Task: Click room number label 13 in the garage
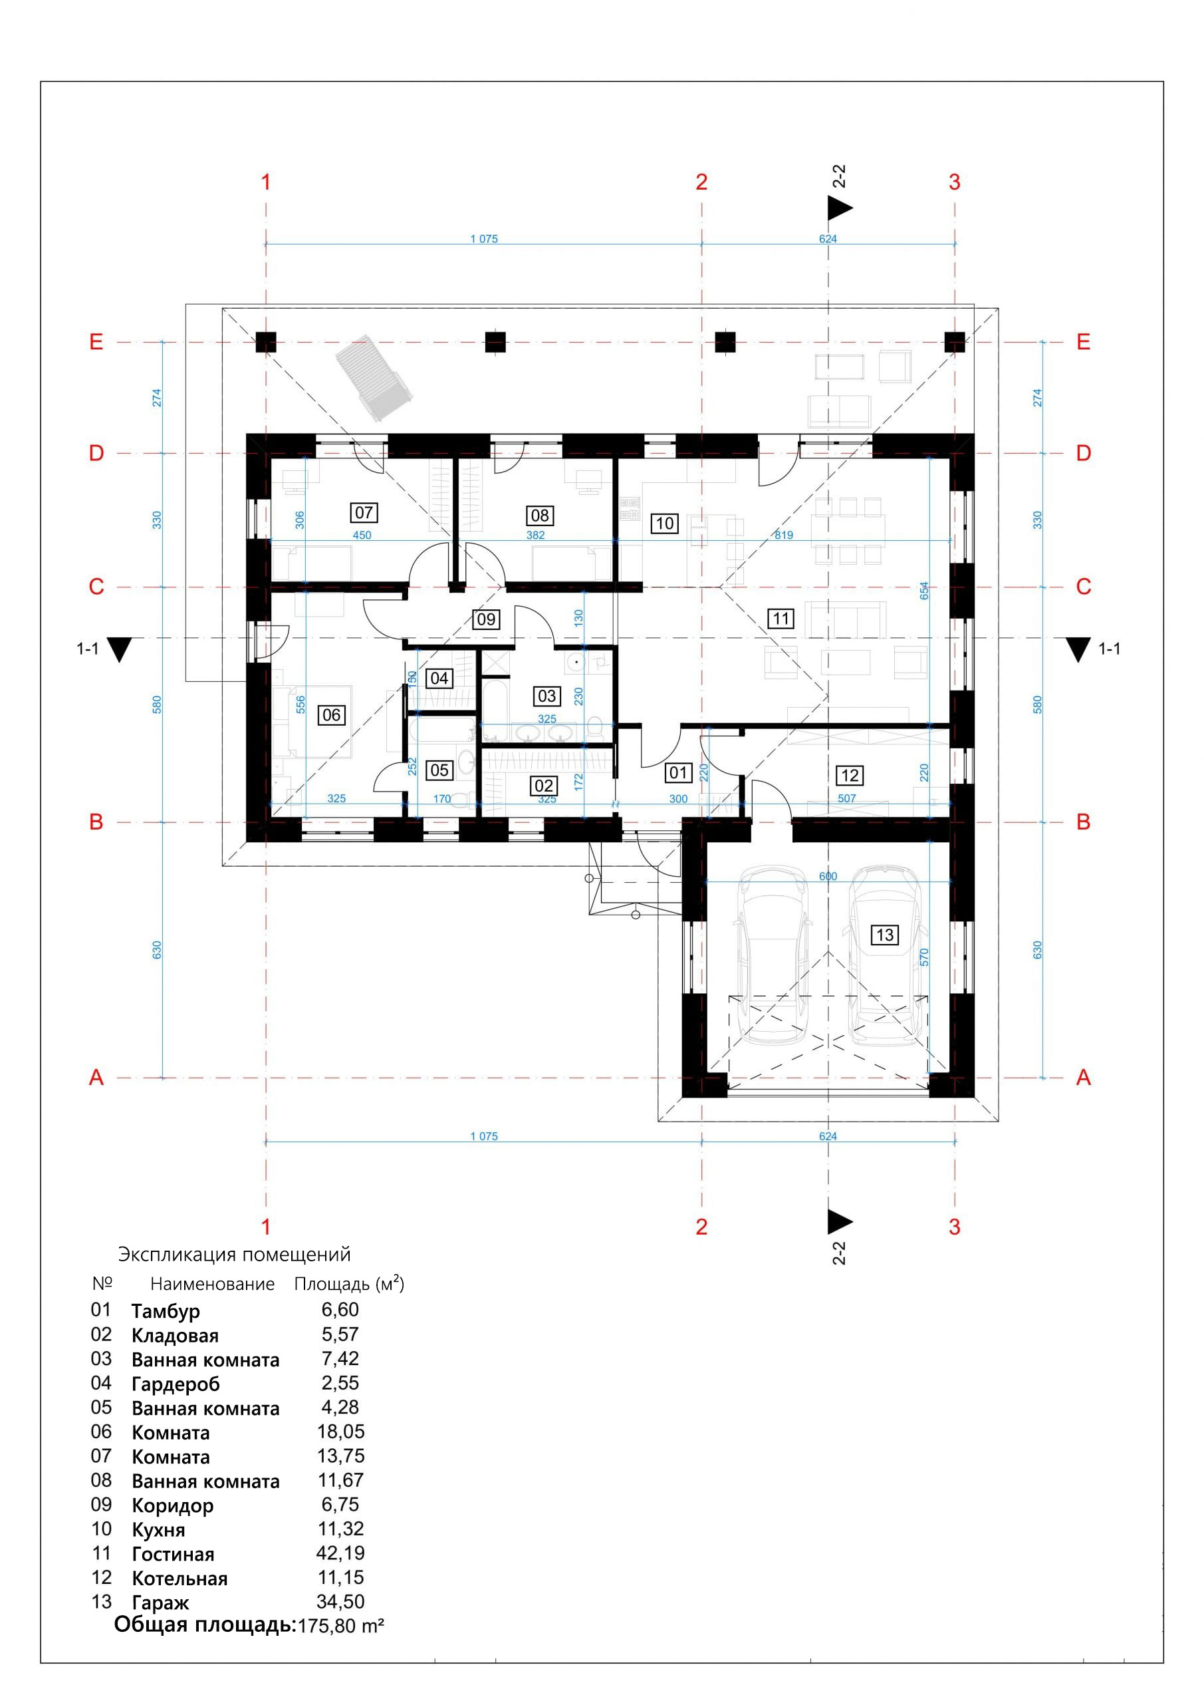click(x=884, y=935)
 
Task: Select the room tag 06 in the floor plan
click(x=331, y=715)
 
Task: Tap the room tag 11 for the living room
click(x=781, y=619)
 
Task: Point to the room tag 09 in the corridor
click(x=487, y=619)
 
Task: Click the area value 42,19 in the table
click(x=340, y=1553)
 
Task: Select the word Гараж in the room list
click(x=161, y=1602)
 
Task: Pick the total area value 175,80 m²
click(x=341, y=1626)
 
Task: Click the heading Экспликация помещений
click(x=234, y=1254)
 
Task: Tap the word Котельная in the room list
click(x=180, y=1579)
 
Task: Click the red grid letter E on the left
click(x=96, y=342)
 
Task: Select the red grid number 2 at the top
click(x=701, y=182)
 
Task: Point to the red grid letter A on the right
click(x=1083, y=1078)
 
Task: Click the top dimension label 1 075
click(x=483, y=239)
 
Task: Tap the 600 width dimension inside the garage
click(x=828, y=876)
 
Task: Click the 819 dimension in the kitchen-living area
click(x=784, y=535)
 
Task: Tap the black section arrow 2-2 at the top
click(x=839, y=208)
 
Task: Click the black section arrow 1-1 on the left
click(x=118, y=649)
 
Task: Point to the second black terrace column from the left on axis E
click(x=495, y=342)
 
